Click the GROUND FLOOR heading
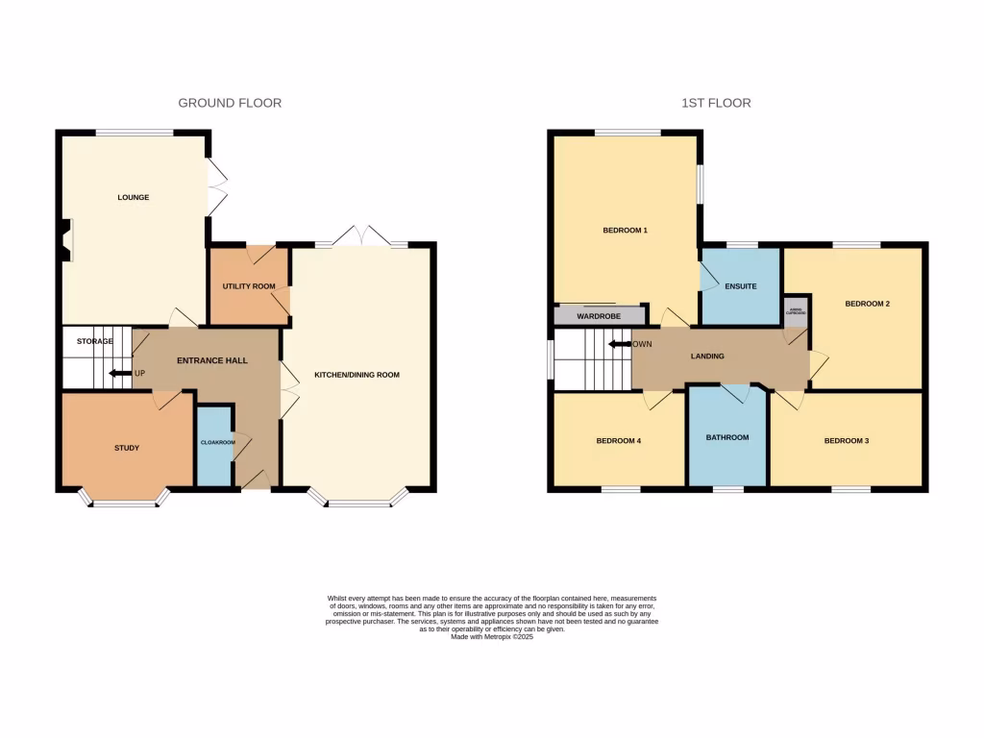[230, 103]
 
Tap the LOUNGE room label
[134, 198]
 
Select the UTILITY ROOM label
[249, 286]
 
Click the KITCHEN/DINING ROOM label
[357, 375]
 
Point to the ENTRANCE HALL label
[212, 361]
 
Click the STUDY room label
[127, 448]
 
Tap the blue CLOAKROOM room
[213, 445]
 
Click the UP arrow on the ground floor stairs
[120, 374]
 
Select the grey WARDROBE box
[599, 316]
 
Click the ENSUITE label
[740, 286]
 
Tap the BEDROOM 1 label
[625, 231]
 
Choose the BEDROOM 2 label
[867, 304]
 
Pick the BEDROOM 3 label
[847, 441]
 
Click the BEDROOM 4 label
[618, 441]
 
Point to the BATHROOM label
[726, 438]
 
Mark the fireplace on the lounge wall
[65, 239]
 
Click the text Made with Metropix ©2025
[491, 636]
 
